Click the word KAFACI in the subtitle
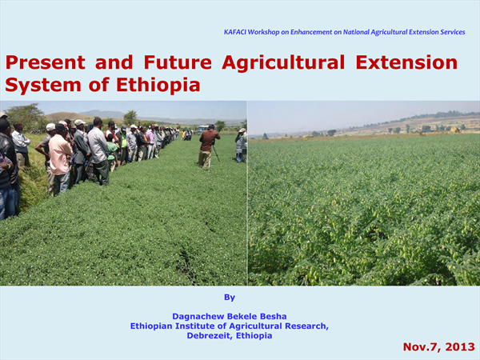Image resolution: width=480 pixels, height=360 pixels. click(235, 32)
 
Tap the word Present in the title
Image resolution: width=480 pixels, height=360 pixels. click(46, 62)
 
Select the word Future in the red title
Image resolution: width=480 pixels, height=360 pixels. click(178, 62)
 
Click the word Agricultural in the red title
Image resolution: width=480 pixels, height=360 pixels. click(283, 63)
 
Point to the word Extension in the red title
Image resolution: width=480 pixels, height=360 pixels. click(406, 62)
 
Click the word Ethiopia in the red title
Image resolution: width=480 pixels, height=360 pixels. click(158, 85)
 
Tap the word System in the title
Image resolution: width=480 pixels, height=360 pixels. click(43, 85)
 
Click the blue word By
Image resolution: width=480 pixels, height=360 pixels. click(230, 298)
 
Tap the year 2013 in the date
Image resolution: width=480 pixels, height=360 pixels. click(460, 347)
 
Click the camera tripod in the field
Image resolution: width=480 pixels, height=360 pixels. click(215, 152)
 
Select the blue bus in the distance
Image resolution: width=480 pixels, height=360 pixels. click(202, 129)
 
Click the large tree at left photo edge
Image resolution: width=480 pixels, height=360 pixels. click(25, 116)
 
